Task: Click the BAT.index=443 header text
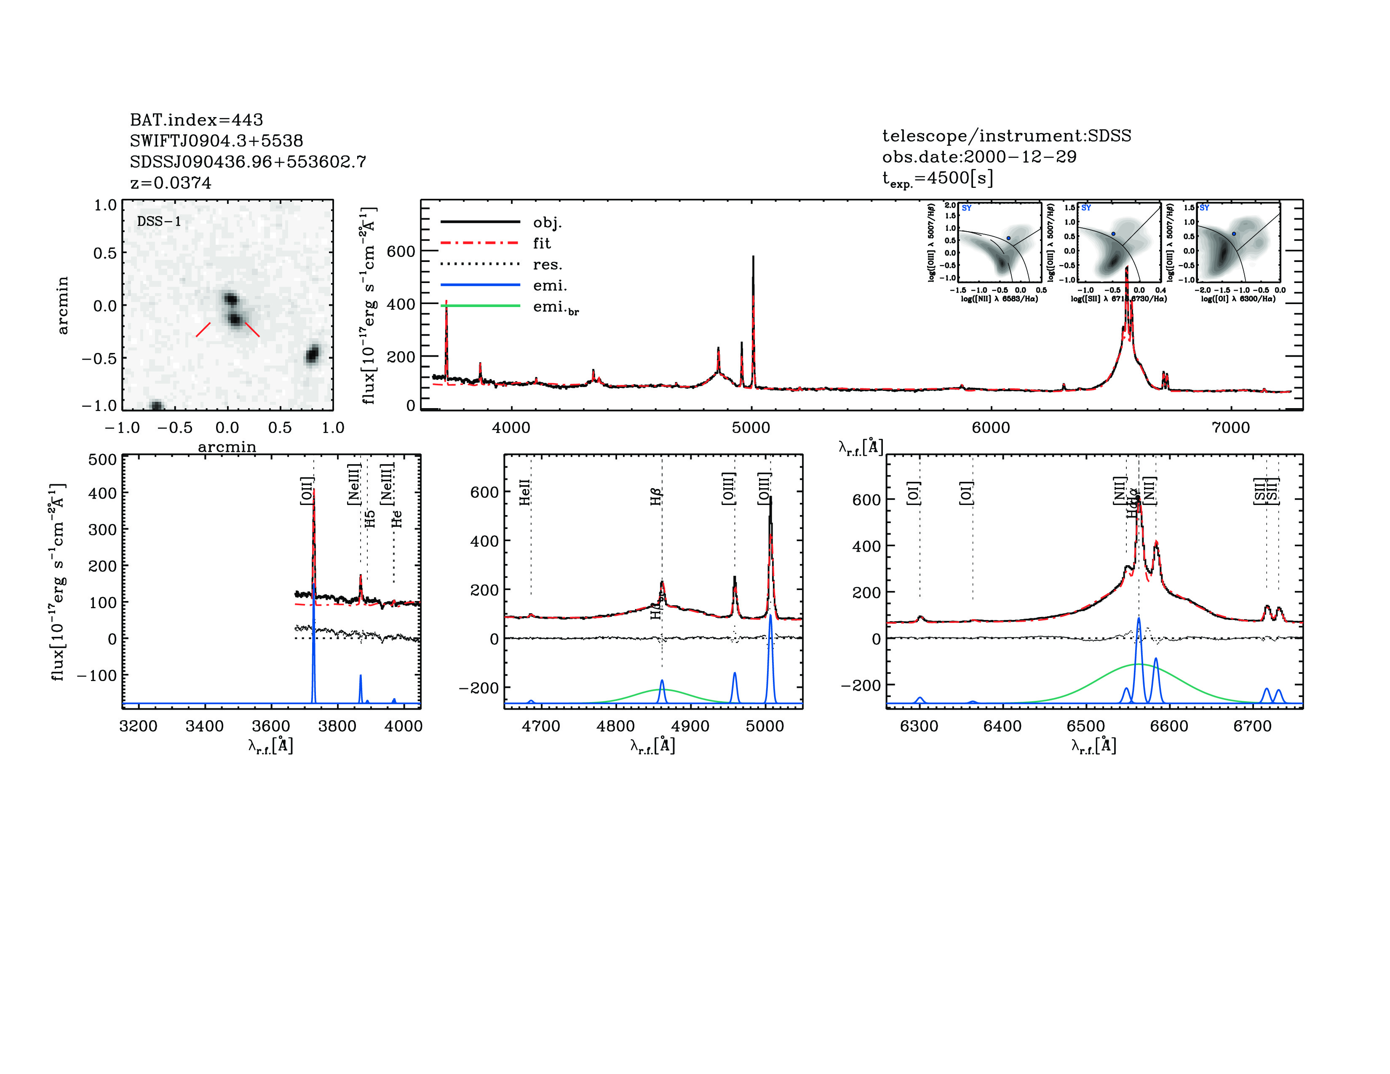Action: tap(196, 120)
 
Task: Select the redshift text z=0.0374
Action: tap(171, 183)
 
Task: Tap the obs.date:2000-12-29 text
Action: tap(979, 157)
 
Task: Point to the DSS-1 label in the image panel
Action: tap(159, 222)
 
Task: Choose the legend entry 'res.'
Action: tap(547, 264)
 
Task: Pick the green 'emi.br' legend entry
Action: tap(556, 307)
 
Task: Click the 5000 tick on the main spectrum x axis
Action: tap(751, 427)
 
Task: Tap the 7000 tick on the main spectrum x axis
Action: tap(1231, 427)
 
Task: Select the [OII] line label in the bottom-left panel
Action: tap(307, 491)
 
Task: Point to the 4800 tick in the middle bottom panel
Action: tap(615, 726)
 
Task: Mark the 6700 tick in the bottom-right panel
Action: tap(1252, 726)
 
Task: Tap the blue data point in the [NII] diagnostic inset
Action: tap(1008, 238)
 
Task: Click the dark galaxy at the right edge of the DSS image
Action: tap(312, 354)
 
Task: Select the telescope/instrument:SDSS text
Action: tap(1006, 136)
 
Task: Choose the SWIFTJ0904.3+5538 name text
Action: tap(217, 141)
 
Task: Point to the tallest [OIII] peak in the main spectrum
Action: tap(753, 258)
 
